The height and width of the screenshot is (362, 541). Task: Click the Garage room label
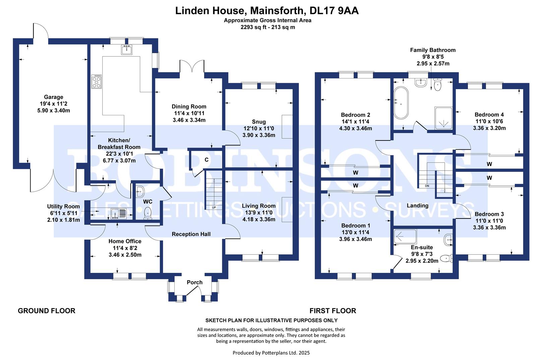(x=53, y=97)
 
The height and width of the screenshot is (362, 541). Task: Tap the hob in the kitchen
(x=96, y=81)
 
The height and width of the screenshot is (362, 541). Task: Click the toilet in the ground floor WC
(x=147, y=213)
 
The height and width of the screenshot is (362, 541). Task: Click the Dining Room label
(x=189, y=107)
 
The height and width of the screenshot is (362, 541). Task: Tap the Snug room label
(x=258, y=122)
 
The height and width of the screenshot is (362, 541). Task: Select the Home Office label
(x=125, y=241)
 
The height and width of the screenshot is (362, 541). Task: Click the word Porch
(x=194, y=283)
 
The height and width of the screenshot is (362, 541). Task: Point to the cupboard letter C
(x=206, y=160)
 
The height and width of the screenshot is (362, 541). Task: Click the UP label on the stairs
(x=214, y=207)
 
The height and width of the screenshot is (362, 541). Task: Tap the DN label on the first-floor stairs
(x=427, y=186)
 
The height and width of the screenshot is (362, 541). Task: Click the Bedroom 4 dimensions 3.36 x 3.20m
(x=489, y=128)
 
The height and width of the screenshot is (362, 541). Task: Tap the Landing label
(x=417, y=205)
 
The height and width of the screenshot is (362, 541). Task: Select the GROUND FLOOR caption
(x=46, y=311)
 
